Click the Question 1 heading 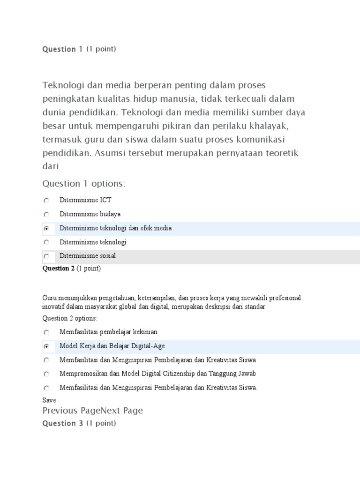coord(62,49)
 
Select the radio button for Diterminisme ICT coord(46,201)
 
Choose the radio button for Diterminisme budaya coord(46,215)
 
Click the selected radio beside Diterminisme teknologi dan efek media coord(46,229)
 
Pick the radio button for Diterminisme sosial coord(46,256)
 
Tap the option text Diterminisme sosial coord(88,256)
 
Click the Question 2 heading coord(59,269)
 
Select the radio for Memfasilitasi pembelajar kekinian coord(46,332)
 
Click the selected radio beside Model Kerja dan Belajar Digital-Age coord(46,346)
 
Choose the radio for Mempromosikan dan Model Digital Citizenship coord(46,374)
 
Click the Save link coord(49,400)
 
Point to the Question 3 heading coord(63,423)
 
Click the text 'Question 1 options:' coord(84,183)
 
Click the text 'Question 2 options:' coord(70,319)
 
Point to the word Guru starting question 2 coord(49,298)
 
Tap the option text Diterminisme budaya coord(90,214)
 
